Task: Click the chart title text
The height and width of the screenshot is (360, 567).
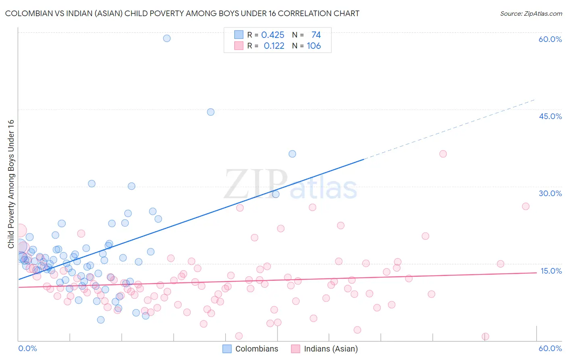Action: click(182, 13)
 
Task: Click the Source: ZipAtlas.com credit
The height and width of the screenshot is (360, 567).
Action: click(531, 13)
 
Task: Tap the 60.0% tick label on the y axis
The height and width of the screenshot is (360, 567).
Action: click(550, 39)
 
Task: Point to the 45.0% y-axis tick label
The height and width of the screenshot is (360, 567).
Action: click(550, 116)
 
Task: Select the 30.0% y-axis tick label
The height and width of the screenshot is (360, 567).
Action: click(550, 193)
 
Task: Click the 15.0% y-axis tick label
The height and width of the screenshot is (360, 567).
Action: click(551, 271)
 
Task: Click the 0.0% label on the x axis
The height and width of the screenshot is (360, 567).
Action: click(27, 348)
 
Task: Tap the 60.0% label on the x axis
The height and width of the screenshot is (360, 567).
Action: click(550, 348)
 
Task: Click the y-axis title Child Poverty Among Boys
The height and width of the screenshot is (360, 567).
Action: click(11, 184)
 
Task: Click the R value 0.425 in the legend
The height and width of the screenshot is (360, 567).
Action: click(273, 35)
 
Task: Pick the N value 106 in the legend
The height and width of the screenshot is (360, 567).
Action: click(314, 46)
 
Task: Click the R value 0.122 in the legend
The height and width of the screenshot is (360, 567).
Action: click(274, 46)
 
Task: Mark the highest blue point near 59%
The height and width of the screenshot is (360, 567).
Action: click(167, 38)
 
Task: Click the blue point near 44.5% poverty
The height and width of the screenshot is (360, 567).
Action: click(211, 112)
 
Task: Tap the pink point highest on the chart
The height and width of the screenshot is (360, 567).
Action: click(443, 154)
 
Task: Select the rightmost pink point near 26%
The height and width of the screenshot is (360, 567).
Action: click(525, 206)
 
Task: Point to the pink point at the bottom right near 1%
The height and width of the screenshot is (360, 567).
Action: click(486, 337)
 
